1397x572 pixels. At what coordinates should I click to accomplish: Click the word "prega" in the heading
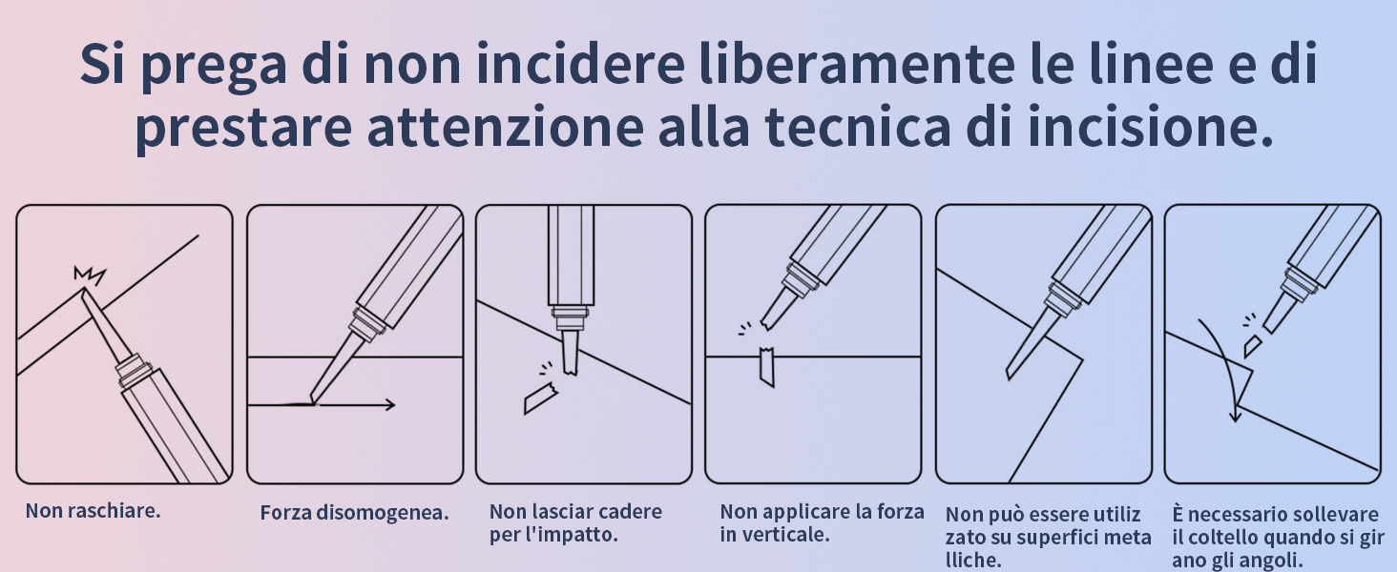(x=214, y=66)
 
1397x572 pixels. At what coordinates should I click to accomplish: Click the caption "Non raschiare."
(x=93, y=511)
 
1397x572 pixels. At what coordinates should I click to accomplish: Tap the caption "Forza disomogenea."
(x=354, y=513)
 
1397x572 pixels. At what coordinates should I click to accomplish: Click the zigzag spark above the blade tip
(x=89, y=275)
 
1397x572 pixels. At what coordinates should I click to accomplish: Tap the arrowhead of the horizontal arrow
(x=389, y=405)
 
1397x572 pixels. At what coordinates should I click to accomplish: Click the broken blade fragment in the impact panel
(x=539, y=398)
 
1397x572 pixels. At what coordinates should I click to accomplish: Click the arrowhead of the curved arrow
(x=1234, y=416)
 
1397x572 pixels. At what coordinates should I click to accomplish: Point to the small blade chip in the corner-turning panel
(x=1252, y=345)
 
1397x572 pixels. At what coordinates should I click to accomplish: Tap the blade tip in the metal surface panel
(x=1009, y=375)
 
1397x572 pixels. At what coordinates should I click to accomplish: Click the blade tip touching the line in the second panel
(x=312, y=400)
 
